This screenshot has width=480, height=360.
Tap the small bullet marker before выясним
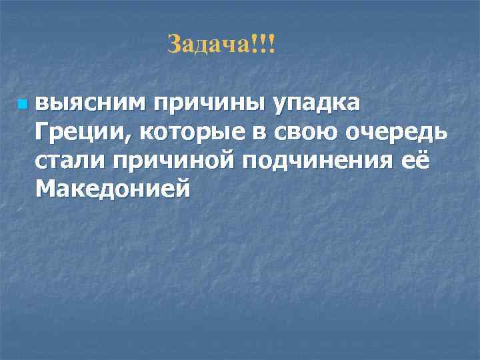[23, 105]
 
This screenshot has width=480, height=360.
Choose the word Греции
[83, 133]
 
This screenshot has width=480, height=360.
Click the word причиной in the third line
[177, 162]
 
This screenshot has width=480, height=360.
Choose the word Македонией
[113, 189]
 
